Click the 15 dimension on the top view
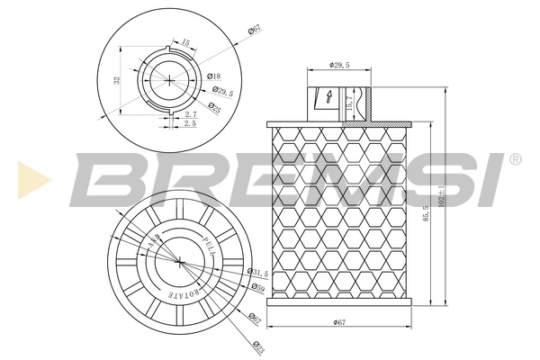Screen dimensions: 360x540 point(185,41)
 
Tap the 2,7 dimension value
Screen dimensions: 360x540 point(190,114)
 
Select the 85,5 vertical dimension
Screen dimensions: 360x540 point(423,216)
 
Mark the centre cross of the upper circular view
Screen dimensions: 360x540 point(170,80)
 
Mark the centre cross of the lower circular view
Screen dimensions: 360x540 point(180,262)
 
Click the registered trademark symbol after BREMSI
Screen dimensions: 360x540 point(515,159)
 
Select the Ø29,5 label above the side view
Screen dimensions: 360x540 point(339,66)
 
